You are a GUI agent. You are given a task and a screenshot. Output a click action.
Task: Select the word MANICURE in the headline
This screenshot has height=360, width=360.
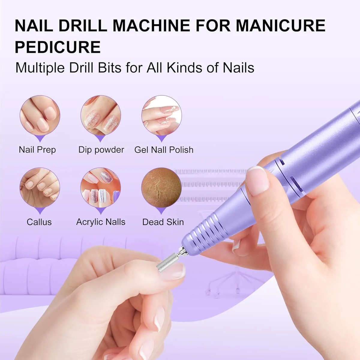[x=281, y=25]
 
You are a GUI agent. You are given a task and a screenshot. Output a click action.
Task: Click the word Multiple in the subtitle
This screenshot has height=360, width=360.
[x=40, y=68]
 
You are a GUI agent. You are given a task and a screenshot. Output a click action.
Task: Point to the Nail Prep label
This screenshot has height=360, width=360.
[x=37, y=150]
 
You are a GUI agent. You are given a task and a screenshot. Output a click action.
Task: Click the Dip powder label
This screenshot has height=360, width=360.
[x=101, y=150]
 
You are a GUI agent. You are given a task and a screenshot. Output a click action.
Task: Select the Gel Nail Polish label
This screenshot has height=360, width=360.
[x=164, y=150]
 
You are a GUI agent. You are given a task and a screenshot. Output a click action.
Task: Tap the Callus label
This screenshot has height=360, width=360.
[x=39, y=222]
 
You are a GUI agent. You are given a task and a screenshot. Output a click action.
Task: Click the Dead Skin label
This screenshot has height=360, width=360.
[x=163, y=222]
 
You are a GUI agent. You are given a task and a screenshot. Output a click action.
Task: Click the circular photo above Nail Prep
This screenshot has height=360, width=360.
[x=40, y=115]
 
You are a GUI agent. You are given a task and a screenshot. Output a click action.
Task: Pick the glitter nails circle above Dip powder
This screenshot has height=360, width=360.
[x=101, y=115]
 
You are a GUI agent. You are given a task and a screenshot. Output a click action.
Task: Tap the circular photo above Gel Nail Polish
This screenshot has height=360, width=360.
[x=162, y=115]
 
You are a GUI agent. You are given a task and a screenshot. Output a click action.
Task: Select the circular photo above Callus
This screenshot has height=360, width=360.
[x=40, y=187]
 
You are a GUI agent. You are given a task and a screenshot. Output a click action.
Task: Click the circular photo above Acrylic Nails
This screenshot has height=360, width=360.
[x=101, y=187]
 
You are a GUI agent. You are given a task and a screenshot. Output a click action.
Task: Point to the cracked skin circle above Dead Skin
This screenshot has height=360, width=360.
[x=162, y=187]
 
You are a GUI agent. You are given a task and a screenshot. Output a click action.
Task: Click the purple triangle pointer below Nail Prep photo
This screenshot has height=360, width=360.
[x=40, y=138]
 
